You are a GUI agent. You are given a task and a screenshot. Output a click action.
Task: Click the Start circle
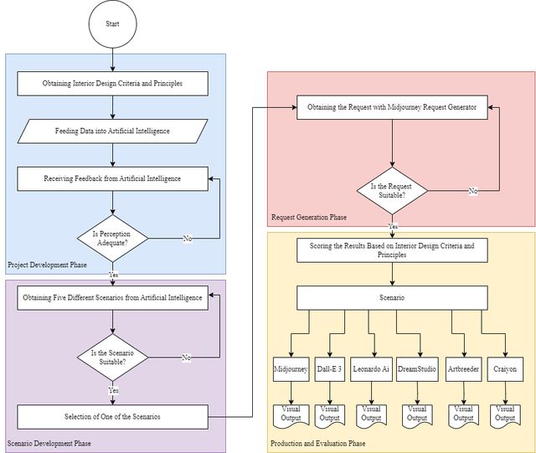point(113,24)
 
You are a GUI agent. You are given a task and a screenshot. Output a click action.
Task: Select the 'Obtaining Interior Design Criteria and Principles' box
point(113,84)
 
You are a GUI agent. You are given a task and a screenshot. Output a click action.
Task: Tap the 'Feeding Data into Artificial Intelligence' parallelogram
point(113,131)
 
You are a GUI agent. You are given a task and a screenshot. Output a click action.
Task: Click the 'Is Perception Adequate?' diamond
point(113,239)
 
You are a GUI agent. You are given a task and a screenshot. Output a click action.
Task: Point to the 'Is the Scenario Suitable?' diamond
point(113,358)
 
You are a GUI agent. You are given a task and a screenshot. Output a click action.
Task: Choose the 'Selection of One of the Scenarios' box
point(113,417)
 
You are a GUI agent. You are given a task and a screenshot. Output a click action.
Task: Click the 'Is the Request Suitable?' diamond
point(392,191)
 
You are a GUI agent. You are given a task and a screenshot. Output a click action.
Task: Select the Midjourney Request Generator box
point(392,107)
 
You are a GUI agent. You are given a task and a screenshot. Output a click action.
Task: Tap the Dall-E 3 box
point(329,369)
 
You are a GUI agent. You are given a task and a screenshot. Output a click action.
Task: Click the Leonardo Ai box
point(371,369)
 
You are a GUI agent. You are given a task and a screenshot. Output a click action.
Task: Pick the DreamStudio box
point(417,369)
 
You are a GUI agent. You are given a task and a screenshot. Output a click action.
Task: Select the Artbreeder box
point(463,369)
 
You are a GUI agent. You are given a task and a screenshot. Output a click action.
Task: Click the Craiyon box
point(505,369)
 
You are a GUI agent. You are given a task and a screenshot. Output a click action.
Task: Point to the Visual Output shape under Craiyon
point(505,415)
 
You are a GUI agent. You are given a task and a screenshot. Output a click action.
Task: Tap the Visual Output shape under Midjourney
point(291,415)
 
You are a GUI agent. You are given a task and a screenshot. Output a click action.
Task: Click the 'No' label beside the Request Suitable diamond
point(473,191)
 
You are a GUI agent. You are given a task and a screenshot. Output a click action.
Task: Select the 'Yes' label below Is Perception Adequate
point(114,275)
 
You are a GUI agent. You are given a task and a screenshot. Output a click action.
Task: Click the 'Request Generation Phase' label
point(309,217)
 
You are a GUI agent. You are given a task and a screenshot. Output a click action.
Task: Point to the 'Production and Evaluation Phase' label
point(318,444)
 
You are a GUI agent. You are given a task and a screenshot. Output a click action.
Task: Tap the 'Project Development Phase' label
point(47,265)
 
